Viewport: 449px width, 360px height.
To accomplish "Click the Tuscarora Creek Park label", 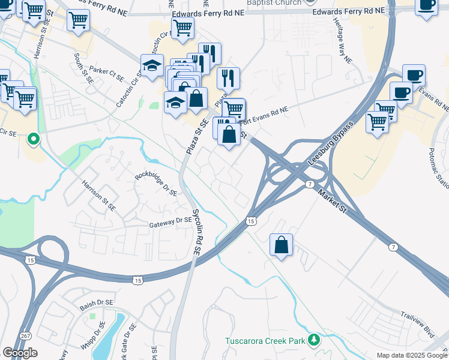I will pyautogui.click(x=265, y=341).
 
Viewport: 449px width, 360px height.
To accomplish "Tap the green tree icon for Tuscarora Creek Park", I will pyautogui.click(x=313, y=341).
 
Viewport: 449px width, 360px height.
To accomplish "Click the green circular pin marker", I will pyautogui.click(x=34, y=140).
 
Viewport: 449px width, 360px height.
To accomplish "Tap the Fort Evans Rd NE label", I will pyautogui.click(x=265, y=111).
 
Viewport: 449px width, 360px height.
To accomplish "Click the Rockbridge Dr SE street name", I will pyautogui.click(x=156, y=184).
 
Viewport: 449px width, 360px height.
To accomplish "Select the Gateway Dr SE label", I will pyautogui.click(x=170, y=221).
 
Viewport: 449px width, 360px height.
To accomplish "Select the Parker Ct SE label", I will pyautogui.click(x=106, y=72).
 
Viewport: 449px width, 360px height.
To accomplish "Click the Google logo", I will pyautogui.click(x=20, y=352).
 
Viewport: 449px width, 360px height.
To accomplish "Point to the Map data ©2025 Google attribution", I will pyautogui.click(x=411, y=355).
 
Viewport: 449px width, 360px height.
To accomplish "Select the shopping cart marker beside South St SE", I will pyautogui.click(x=79, y=22).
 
